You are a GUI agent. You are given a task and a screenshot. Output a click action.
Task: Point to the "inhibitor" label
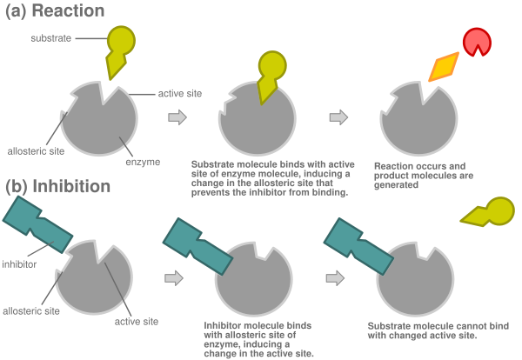19,263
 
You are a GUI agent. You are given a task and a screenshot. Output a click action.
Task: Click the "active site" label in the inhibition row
136,321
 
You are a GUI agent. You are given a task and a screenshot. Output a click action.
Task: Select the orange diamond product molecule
444,65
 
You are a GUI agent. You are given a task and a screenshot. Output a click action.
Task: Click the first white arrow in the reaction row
177,117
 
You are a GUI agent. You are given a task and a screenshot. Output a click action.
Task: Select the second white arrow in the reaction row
339,117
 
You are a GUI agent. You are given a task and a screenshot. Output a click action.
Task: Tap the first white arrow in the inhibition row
176,277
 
